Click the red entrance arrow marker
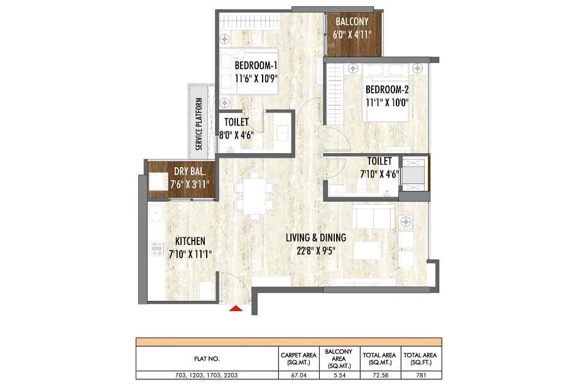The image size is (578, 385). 236,308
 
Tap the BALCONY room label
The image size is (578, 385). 352,22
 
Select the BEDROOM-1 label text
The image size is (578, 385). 256,65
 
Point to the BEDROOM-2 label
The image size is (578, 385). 386,90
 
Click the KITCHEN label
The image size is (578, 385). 190,241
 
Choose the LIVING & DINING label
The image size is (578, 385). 316,237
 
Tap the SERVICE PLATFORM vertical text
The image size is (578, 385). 199,124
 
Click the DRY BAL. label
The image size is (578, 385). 190,171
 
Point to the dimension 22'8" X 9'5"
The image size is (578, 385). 316,251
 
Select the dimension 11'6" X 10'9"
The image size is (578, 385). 256,79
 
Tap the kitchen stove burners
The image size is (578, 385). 156,248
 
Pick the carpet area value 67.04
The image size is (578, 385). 298,376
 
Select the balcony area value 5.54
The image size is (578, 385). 339,376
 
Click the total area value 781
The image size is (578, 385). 420,376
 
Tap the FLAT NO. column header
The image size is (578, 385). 207,359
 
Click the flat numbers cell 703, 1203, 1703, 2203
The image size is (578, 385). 207,376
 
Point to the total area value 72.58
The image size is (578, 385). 379,376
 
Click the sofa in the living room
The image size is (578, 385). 373,217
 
